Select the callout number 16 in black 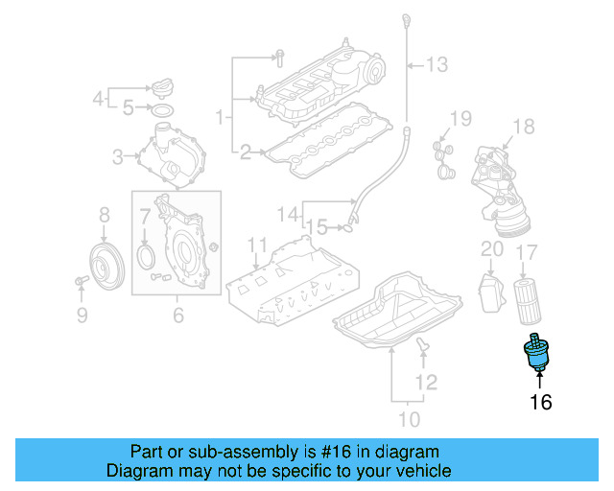tap(541, 403)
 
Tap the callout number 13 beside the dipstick tap(437, 65)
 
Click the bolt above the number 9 tap(80, 281)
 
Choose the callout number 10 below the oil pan tap(409, 419)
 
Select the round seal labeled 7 tap(146, 256)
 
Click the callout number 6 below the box tap(177, 314)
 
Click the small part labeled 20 tap(491, 291)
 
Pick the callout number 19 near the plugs tap(460, 119)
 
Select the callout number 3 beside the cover tap(118, 155)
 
